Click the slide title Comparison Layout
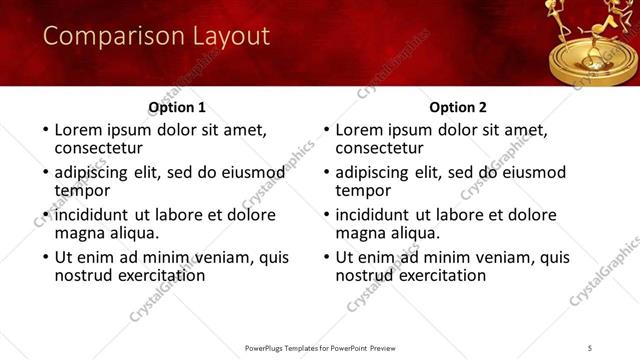(x=157, y=37)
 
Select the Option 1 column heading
(x=177, y=107)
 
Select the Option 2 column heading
(x=458, y=107)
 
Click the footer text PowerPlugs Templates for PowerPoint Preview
(x=320, y=347)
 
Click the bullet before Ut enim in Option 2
(x=326, y=257)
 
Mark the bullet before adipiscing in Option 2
(x=326, y=172)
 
